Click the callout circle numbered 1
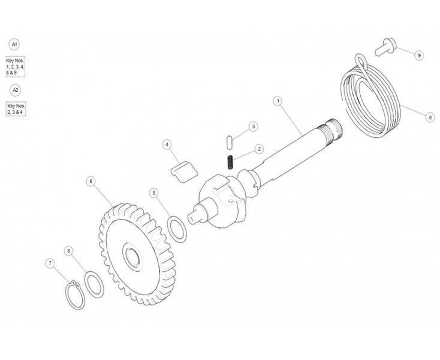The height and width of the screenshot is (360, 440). tap(278, 101)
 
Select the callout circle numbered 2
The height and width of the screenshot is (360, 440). tap(259, 149)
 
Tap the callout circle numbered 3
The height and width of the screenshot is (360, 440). tap(253, 127)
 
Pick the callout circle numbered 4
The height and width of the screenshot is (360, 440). tap(167, 145)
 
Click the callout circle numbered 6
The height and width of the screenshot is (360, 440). tap(91, 181)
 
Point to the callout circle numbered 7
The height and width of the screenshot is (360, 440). tap(50, 263)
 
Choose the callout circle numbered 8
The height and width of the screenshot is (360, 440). tap(430, 117)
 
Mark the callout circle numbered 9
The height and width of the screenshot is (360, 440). tap(419, 55)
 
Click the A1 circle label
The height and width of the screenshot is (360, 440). tap(14, 44)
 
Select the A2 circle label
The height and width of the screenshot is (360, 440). tap(15, 90)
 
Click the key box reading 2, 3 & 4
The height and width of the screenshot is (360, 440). tap(16, 109)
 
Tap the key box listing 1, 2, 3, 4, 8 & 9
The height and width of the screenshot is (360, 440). tap(15, 67)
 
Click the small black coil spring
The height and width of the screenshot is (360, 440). tap(230, 163)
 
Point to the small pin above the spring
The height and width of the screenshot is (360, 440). tap(229, 142)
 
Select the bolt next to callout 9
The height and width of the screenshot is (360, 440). tap(385, 47)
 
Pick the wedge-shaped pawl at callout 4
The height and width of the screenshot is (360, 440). tap(184, 172)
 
